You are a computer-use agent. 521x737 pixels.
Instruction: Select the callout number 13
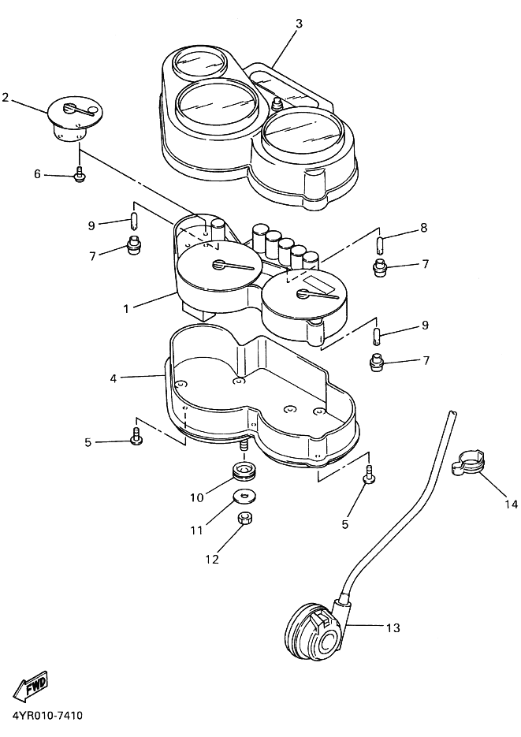(393, 627)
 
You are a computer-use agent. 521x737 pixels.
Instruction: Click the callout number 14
(511, 504)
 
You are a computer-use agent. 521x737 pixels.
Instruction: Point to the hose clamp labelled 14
(468, 463)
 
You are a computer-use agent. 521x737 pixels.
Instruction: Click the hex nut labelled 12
(244, 518)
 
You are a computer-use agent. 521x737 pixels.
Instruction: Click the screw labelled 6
(80, 174)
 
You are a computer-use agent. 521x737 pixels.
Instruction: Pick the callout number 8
(424, 228)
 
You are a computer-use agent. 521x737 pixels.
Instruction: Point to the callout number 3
(300, 24)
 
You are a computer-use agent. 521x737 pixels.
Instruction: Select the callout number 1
(126, 309)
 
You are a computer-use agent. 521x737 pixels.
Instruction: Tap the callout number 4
(114, 378)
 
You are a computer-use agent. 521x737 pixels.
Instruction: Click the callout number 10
(197, 497)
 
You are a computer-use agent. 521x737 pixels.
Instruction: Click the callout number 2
(6, 97)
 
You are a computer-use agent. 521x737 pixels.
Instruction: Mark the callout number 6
(37, 174)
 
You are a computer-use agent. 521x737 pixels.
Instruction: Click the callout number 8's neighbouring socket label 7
(425, 264)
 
